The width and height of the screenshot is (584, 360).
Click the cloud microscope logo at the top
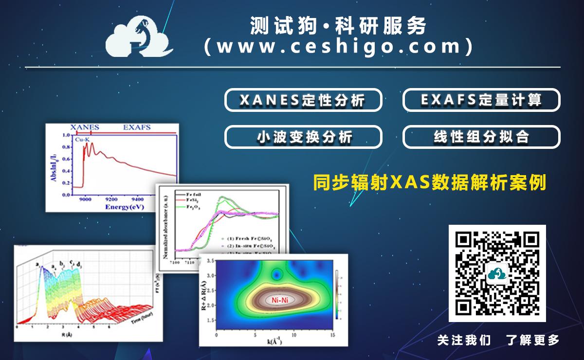[x=139, y=38]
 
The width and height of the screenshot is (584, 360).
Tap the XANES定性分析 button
[x=302, y=100]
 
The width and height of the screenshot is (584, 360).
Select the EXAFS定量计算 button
[x=481, y=100]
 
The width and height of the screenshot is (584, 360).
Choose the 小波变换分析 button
[x=302, y=137]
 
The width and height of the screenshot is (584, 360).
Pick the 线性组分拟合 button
[x=481, y=137]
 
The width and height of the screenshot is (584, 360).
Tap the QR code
[x=497, y=273]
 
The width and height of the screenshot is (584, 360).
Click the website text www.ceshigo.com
[x=338, y=47]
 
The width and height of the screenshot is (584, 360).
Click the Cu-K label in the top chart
[x=82, y=140]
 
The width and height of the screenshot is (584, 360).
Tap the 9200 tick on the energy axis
[x=111, y=199]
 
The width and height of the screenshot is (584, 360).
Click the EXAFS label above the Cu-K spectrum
[x=137, y=127]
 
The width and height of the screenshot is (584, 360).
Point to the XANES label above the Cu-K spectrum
[x=85, y=127]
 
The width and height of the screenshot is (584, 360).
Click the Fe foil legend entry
[x=194, y=194]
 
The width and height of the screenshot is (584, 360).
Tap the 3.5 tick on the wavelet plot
[x=210, y=261]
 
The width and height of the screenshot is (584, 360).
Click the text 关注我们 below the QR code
[x=464, y=340]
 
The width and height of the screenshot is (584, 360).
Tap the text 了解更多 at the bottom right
[x=532, y=340]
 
